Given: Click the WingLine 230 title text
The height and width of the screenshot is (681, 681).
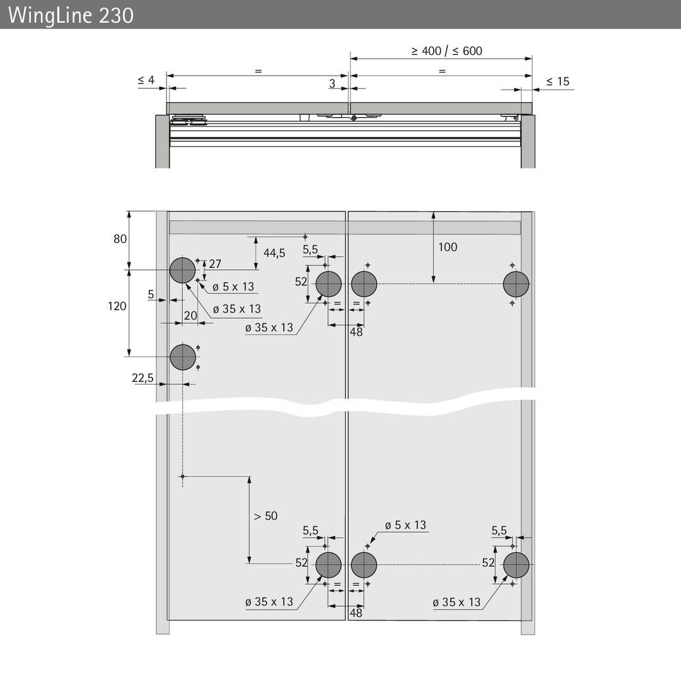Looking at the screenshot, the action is point(71,16).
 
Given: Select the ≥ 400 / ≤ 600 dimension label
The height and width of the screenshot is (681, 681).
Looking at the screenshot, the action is point(446,51).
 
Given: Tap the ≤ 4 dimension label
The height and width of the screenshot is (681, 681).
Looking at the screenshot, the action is point(146,80).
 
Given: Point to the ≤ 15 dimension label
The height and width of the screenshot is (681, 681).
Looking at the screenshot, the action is point(557,81).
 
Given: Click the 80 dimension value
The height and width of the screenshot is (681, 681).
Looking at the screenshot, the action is point(120,239).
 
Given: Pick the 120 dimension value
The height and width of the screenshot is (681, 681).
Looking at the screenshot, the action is point(117,306).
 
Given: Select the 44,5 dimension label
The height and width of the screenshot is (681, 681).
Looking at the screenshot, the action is point(274,253).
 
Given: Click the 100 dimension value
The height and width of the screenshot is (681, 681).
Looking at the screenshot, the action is point(448,247).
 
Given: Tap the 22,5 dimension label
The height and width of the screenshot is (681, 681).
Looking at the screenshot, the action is point(143,378).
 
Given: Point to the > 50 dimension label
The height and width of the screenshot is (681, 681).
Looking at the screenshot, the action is point(265,516).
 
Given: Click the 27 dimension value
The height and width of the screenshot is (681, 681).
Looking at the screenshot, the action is point(215,264).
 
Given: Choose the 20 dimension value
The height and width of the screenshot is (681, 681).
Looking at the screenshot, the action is point(190,316).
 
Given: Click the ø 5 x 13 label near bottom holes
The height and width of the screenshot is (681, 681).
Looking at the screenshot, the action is point(405,525).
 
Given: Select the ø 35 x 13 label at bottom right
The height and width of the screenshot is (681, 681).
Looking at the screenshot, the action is point(457,602).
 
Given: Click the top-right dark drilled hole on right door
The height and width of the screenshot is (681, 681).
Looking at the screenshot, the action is point(516,284).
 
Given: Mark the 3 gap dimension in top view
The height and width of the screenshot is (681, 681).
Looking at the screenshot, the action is point(332,83).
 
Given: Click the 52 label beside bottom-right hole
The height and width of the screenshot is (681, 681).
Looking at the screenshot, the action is point(488,563).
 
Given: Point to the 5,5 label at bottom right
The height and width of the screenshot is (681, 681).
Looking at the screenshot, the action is point(499,530).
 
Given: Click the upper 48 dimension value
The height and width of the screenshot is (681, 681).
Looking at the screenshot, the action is point(356,332).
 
